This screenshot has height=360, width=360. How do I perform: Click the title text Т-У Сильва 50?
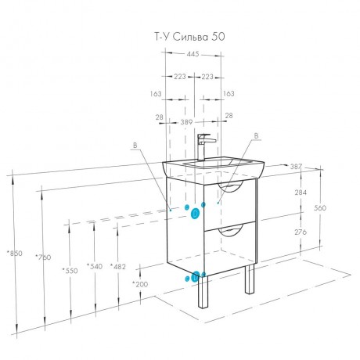[x=189, y=37]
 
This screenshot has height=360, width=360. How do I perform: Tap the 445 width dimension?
[x=193, y=54]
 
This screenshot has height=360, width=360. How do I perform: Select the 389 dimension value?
[x=186, y=122]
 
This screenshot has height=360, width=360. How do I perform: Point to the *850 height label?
[x=15, y=253]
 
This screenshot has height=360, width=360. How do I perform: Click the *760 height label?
[x=43, y=257]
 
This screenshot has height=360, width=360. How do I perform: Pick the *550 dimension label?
[x=70, y=271]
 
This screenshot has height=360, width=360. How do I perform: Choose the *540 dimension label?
[x=95, y=266]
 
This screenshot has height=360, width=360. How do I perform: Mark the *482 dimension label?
[x=118, y=266]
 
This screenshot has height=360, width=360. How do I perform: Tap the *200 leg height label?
[x=140, y=284]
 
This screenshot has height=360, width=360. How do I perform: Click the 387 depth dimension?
[x=296, y=166]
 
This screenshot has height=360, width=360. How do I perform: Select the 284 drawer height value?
[x=301, y=193]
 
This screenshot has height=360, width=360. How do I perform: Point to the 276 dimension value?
[x=301, y=232]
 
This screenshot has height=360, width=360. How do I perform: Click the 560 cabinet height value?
[x=320, y=208]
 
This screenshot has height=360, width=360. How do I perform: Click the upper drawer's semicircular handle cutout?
[x=230, y=186]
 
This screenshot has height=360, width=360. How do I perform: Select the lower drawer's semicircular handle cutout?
[x=231, y=231]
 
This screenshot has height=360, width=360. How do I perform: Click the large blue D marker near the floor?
[x=196, y=277]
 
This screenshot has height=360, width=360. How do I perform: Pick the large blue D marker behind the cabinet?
[x=195, y=214]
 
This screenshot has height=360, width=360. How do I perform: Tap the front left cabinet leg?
[x=203, y=292]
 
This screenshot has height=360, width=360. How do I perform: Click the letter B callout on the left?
[x=135, y=146]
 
